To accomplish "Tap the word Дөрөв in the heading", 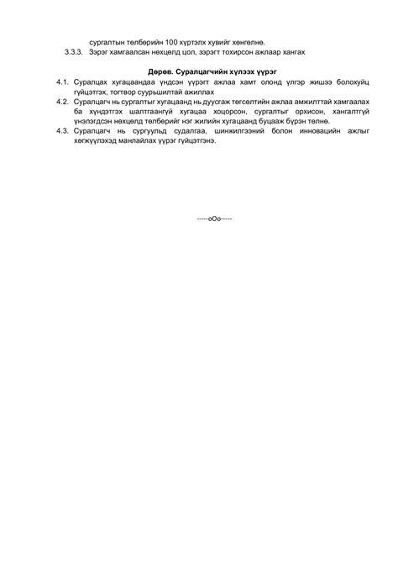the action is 163,73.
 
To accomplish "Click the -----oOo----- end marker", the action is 215,218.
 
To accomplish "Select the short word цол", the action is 193,51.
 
